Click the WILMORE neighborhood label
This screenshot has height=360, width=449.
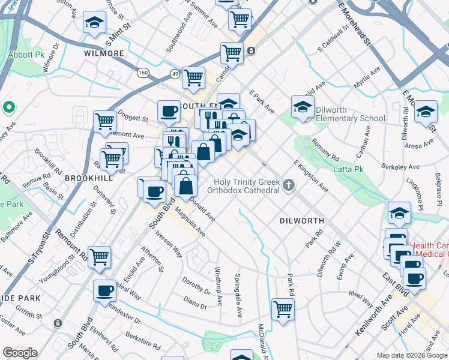point(103,53)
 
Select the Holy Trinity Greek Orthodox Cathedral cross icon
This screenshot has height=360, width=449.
point(289,185)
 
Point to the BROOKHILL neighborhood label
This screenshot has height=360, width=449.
point(89,179)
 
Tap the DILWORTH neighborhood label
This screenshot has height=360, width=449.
point(302,221)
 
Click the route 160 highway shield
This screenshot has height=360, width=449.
point(143,73)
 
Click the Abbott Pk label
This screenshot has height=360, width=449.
point(27,53)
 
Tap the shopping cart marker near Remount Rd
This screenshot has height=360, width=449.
point(100,257)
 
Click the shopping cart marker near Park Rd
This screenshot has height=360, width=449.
point(283,310)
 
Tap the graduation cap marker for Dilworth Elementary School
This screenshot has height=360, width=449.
point(303,107)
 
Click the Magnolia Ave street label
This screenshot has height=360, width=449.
point(190,222)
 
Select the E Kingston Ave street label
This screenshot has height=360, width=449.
point(311,175)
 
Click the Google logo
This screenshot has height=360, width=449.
point(20,353)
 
